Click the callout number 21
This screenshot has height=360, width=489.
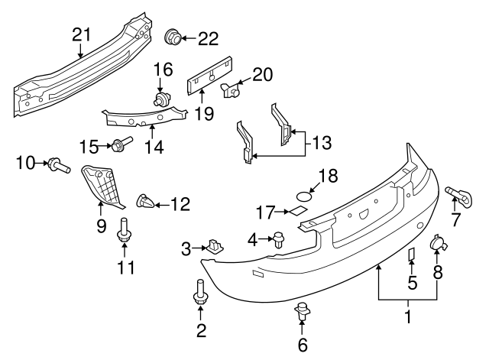[x=81, y=34]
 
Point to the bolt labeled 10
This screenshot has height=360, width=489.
[x=58, y=163]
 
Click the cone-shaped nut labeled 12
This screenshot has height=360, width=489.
[x=144, y=203]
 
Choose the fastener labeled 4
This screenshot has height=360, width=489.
[x=279, y=239]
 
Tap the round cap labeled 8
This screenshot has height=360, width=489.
[x=439, y=244]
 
